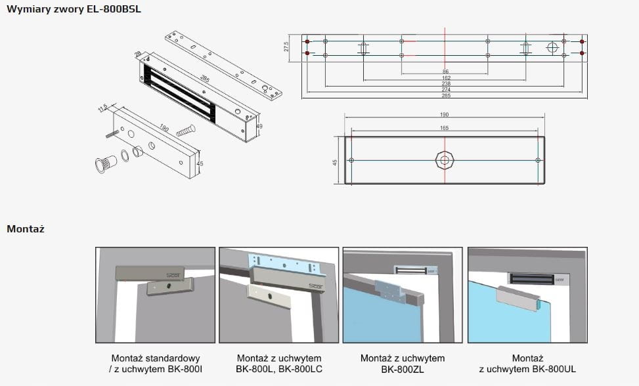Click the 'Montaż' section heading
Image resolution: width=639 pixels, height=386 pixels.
(x=26, y=229)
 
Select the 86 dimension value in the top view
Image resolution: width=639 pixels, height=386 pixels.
(x=445, y=71)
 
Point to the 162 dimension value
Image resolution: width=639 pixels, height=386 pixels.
(x=445, y=78)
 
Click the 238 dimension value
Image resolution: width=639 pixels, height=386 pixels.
(x=445, y=84)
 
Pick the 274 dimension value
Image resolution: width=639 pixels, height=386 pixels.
(x=445, y=90)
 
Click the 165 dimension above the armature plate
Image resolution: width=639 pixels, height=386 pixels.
(x=445, y=127)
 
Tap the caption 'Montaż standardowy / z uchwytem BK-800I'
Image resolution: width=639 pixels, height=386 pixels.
(x=156, y=364)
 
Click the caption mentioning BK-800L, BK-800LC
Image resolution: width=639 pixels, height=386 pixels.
(x=279, y=364)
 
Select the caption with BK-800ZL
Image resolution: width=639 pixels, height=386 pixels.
(x=403, y=364)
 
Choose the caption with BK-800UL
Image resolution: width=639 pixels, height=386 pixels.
(x=527, y=364)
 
